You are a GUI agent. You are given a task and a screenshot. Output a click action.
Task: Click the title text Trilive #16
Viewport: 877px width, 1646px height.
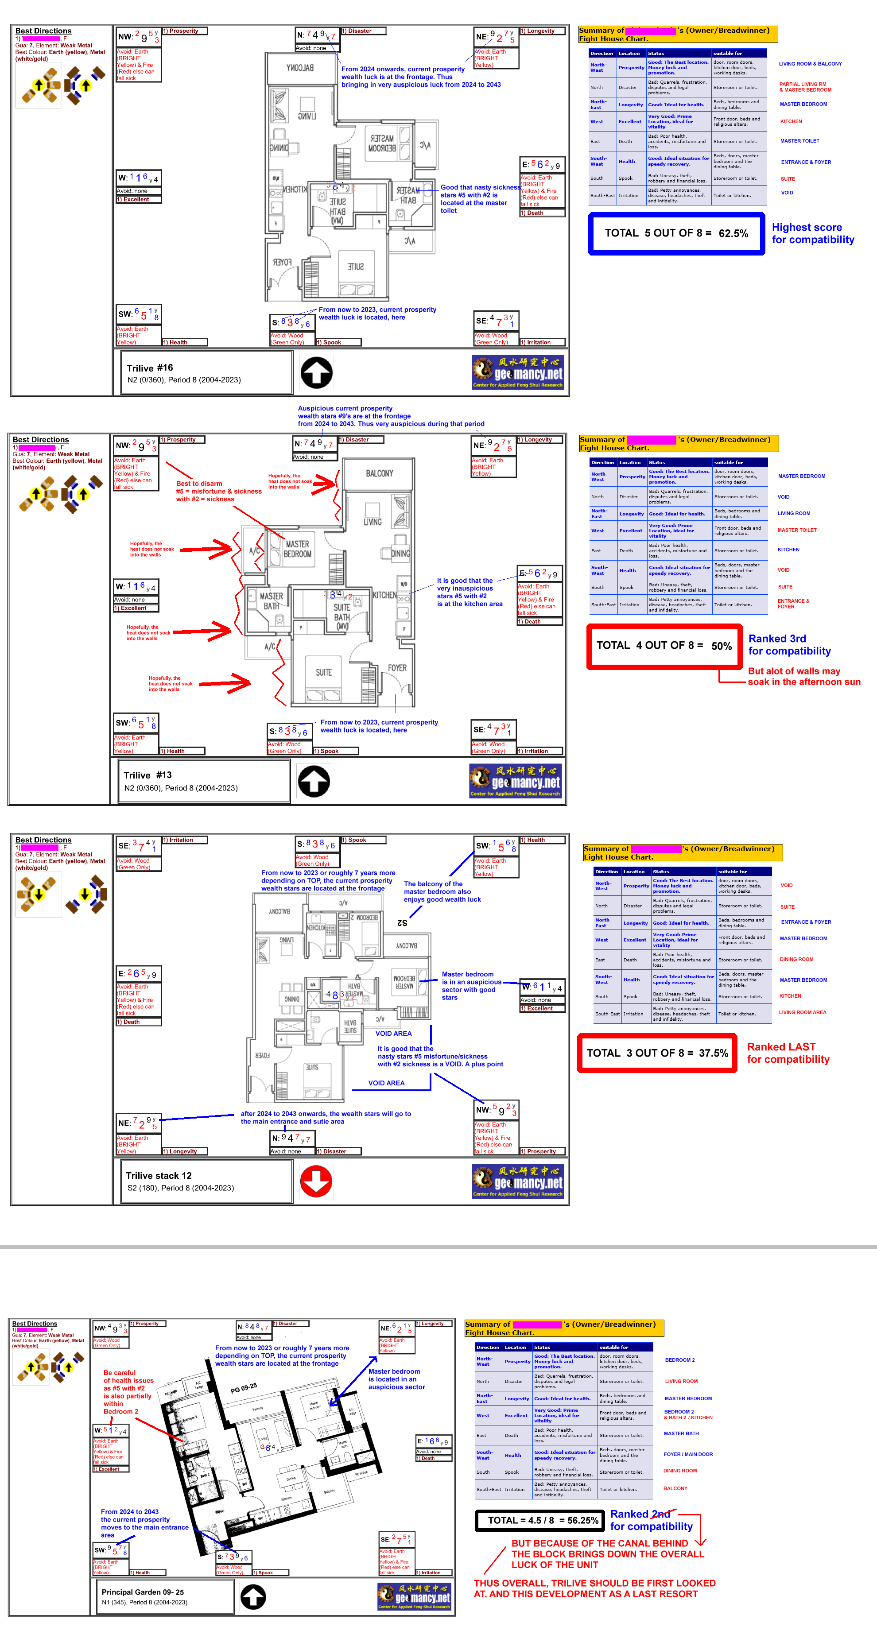point(150,368)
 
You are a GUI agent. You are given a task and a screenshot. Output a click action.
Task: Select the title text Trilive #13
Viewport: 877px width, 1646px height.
point(147,775)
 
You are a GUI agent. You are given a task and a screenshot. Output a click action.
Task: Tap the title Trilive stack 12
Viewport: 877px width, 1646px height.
point(159,1176)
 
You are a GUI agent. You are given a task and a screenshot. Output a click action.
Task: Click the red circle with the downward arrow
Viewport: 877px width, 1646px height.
point(316,1181)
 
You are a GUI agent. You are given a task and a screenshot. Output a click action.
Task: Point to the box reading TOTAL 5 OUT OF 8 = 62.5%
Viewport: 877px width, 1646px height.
point(676,234)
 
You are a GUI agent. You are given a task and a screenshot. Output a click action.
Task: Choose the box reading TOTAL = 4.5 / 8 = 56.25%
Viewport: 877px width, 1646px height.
point(543,1520)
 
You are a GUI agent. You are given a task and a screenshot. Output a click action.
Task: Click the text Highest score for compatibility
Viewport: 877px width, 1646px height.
point(812,233)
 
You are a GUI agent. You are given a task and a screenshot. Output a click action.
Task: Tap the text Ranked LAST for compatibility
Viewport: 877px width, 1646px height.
point(788,1053)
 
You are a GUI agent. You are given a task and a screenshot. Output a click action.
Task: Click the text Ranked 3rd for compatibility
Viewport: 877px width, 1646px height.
point(789,645)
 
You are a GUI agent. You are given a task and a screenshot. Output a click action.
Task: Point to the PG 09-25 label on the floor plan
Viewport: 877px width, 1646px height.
point(244,1387)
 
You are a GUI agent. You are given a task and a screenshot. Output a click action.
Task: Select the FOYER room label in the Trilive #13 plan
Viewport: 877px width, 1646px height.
point(397,668)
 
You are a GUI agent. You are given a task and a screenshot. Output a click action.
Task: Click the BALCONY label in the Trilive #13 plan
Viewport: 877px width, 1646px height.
point(380,473)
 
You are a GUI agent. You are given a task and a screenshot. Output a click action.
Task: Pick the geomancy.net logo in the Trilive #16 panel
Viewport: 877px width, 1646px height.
point(518,372)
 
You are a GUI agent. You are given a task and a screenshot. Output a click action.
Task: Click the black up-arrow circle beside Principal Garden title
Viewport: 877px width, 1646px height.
point(253,1597)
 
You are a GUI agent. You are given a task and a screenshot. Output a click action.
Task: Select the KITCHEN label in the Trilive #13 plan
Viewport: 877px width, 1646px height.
point(384,595)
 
